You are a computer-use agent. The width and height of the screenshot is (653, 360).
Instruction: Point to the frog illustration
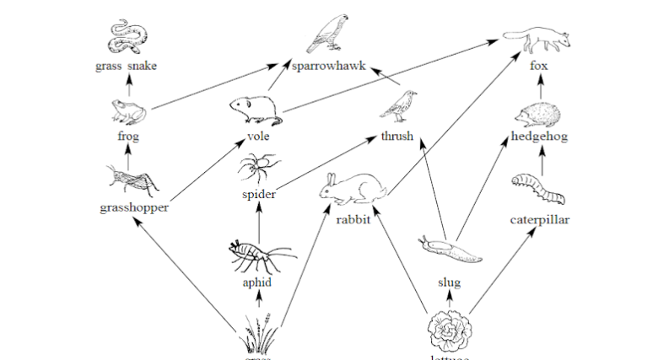click(x=129, y=110)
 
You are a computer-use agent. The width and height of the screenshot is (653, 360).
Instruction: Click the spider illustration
click(x=258, y=167)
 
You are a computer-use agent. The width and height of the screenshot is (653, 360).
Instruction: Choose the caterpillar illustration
click(x=537, y=189)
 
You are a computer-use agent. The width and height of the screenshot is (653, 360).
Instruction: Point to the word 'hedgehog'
click(x=539, y=136)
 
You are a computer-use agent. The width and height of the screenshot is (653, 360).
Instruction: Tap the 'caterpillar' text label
click(x=540, y=220)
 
